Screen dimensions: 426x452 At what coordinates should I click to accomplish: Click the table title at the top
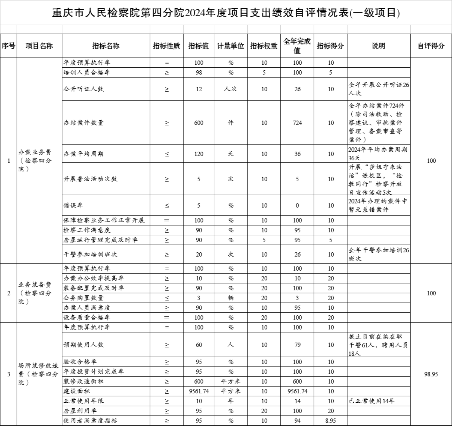(226, 13)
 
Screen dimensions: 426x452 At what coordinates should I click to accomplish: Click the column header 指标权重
(264, 46)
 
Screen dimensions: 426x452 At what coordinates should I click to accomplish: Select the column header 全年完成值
(297, 46)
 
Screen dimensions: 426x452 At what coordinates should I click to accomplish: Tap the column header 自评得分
(431, 46)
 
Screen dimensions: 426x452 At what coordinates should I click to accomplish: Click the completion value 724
(297, 123)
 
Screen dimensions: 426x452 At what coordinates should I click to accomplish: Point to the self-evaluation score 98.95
(431, 374)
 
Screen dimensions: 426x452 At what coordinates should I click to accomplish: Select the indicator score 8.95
(330, 421)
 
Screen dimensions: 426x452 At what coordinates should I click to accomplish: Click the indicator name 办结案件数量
(83, 123)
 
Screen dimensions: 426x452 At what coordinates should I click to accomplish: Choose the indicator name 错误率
(73, 205)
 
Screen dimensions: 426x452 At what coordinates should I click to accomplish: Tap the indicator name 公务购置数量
(83, 298)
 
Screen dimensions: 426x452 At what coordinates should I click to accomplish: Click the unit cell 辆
(231, 298)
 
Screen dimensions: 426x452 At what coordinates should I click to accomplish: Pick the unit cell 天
(231, 154)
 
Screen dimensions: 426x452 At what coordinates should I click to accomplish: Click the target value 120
(199, 154)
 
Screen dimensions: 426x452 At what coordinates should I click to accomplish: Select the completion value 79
(297, 345)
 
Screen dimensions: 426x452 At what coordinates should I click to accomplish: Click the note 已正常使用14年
(371, 401)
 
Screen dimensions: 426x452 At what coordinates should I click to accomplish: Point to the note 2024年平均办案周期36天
(378, 154)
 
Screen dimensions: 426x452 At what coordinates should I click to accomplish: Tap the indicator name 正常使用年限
(83, 401)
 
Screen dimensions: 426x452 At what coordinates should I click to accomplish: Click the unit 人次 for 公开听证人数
(231, 89)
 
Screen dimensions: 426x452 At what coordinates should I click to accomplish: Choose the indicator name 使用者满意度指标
(90, 421)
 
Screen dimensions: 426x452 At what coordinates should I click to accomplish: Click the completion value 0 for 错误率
(297, 205)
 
